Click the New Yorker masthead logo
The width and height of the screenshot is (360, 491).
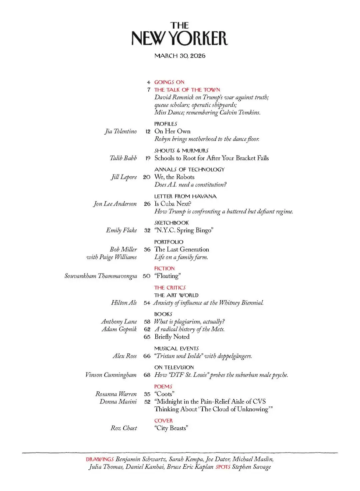pos(180,35)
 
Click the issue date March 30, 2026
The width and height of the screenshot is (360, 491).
pos(180,56)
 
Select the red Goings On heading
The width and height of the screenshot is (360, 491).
pos(169,82)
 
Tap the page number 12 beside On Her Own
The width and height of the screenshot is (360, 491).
pos(148,132)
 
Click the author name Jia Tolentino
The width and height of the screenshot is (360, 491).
pos(121,132)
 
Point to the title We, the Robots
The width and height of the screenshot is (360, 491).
pos(174,177)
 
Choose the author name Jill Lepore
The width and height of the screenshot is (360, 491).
pos(124,177)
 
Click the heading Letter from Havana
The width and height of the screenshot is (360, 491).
pos(185,196)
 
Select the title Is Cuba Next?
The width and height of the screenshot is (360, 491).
pos(173,204)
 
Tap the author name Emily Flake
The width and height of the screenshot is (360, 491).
pos(121,230)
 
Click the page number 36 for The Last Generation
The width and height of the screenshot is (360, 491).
pos(147,249)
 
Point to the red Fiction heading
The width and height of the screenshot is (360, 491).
pos(164,268)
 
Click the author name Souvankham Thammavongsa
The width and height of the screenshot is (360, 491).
pos(101,276)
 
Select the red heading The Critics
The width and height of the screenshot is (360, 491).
pos(170,287)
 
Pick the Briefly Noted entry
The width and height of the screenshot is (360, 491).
pos(172,337)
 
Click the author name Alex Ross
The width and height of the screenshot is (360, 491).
pos(125,356)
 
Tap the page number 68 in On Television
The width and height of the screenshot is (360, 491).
pos(147,375)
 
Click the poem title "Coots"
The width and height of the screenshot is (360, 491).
pos(164,394)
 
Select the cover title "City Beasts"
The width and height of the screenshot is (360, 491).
pos(171,428)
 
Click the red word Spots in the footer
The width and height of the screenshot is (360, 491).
pos(223,467)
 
